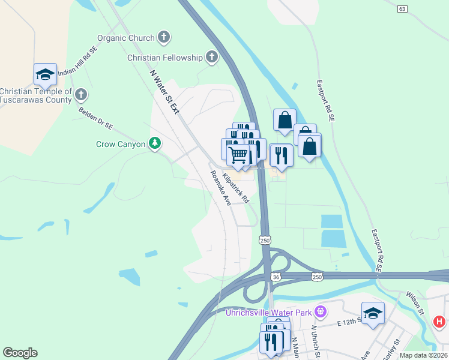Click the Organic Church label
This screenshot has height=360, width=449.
point(125,38)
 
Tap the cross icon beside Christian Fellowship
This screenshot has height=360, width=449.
point(211,57)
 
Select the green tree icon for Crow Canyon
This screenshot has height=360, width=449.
point(155,144)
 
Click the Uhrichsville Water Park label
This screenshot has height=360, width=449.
point(269,312)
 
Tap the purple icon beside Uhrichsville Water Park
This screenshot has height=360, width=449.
point(321,311)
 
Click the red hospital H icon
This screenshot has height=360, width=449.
point(439,322)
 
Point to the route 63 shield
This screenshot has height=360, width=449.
point(402,8)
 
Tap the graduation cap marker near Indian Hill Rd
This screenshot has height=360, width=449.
point(45,75)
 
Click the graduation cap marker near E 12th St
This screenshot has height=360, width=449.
point(373,313)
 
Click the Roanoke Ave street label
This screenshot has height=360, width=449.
point(220,188)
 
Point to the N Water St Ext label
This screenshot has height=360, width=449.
point(164,91)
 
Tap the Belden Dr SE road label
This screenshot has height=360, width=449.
point(95,118)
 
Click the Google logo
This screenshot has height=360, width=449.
point(20,353)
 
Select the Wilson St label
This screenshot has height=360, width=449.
point(415,304)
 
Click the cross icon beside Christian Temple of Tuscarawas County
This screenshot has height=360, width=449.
point(81,95)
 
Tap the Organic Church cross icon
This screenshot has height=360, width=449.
point(164,38)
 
